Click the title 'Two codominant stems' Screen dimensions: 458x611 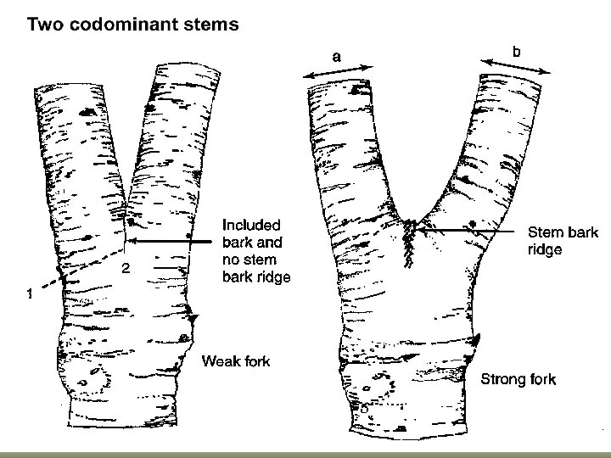pos(133,23)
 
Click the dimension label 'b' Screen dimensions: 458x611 pos(516,52)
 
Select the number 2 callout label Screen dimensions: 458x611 pos(125,269)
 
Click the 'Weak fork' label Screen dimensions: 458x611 pos(235,362)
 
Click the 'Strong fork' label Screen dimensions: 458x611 pos(518,378)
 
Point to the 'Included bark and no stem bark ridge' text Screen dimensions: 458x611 pos(255,251)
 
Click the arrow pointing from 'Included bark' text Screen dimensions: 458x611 pos(170,243)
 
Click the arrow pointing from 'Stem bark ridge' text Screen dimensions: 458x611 pos(469,228)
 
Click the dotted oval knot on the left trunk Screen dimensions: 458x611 pos(88,378)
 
